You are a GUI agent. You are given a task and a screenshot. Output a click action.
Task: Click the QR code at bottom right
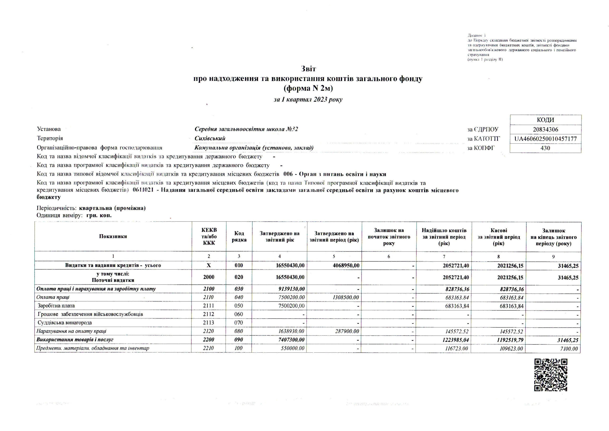[550, 375]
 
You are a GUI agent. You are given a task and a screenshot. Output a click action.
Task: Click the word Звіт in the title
[309, 69]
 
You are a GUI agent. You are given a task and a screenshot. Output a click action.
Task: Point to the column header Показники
[113, 237]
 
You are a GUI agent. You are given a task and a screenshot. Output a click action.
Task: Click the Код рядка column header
[239, 237]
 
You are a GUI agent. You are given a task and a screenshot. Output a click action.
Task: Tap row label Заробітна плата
[56, 306]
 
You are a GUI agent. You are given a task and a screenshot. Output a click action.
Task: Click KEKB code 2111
[208, 306]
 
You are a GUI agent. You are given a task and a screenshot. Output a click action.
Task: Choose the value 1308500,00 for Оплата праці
[346, 297]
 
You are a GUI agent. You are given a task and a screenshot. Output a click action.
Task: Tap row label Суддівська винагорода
[65, 323]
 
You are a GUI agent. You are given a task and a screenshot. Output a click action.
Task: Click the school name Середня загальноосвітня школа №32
[246, 129]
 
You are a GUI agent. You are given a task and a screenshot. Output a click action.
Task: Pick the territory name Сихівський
[210, 138]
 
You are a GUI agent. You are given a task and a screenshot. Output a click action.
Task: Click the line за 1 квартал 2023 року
[308, 100]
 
